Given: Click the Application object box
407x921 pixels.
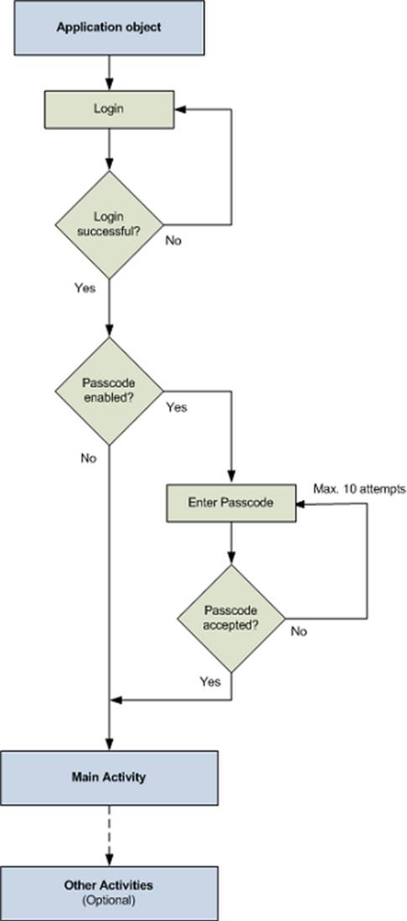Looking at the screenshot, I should coord(109,27).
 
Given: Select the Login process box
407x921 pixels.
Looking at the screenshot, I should coord(109,109).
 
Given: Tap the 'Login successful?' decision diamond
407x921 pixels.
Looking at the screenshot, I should coord(109,224).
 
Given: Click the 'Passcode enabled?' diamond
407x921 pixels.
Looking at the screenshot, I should coord(109,390).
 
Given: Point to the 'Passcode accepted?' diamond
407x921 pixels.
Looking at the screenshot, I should coord(230,618).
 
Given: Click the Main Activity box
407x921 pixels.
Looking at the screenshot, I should coord(109,777).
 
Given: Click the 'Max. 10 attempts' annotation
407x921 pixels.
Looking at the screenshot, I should coord(359,488).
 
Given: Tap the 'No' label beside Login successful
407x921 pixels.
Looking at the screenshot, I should coord(173,240).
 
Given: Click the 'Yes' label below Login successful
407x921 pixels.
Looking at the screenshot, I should coord(85,288).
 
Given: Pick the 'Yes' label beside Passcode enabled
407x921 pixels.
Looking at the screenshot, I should coord(177,408).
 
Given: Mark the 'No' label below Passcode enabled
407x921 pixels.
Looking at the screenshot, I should coord(89,458).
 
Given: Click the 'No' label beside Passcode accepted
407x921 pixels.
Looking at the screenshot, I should coord(298,632).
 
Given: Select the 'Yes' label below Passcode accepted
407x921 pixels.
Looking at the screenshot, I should coord(210,682).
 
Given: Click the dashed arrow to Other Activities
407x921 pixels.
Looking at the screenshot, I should coord(110,834).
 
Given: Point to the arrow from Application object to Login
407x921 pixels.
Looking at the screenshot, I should coord(110,71).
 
